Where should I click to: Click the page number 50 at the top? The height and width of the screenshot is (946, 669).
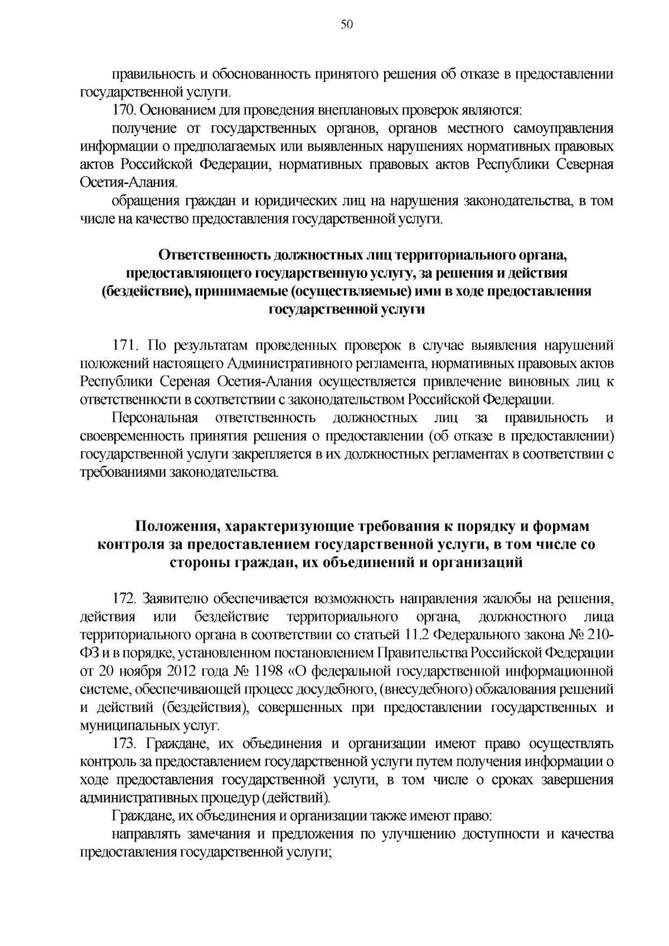[346, 24]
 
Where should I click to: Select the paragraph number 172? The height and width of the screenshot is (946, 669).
[125, 599]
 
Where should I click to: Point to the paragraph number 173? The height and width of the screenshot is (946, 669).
[124, 744]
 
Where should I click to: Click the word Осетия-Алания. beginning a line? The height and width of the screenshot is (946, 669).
[129, 183]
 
